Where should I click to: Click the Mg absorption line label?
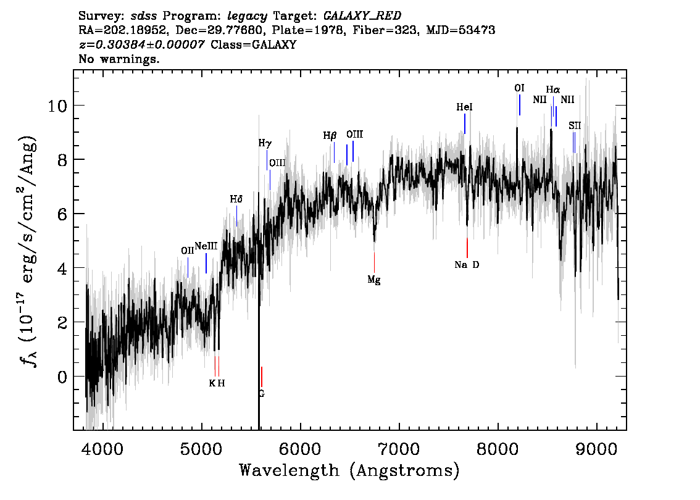pyautogui.click(x=373, y=280)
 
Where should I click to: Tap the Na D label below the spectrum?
pyautogui.click(x=467, y=265)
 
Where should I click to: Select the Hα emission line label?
pyautogui.click(x=552, y=90)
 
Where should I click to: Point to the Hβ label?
pyautogui.click(x=330, y=136)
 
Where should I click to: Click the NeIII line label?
pyautogui.click(x=206, y=246)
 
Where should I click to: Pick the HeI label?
pyautogui.click(x=464, y=107)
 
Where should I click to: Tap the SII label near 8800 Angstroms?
pyautogui.click(x=575, y=126)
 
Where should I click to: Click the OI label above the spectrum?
pyautogui.click(x=519, y=88)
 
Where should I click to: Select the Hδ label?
pyautogui.click(x=236, y=199)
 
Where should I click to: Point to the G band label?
pyautogui.click(x=262, y=394)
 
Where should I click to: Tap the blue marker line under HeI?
pyautogui.click(x=465, y=123)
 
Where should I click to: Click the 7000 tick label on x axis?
pyautogui.click(x=399, y=449)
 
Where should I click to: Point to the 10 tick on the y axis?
pyautogui.click(x=57, y=106)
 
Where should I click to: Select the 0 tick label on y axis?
pyautogui.click(x=62, y=377)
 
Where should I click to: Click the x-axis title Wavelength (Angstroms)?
pyautogui.click(x=349, y=470)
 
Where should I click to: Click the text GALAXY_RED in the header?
pyautogui.click(x=362, y=16)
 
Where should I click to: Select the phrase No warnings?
pyautogui.click(x=119, y=59)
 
